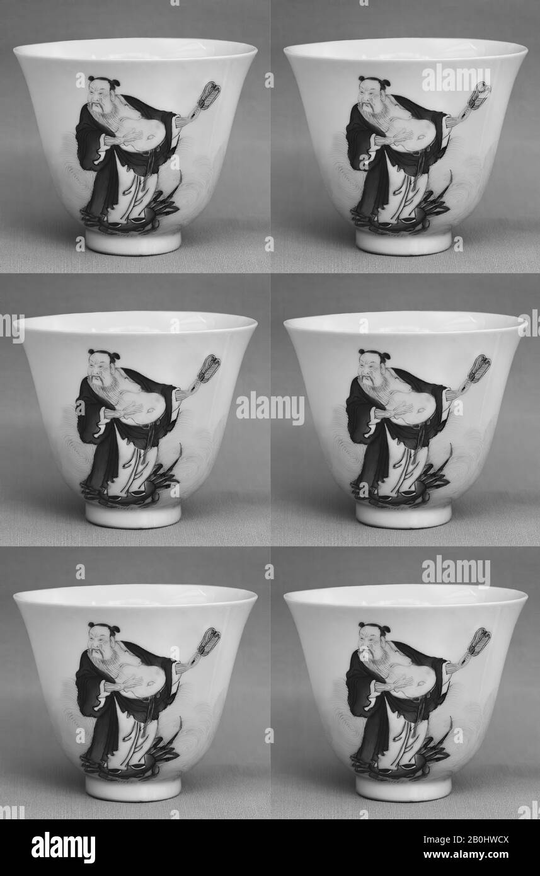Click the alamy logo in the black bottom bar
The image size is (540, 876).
click(64, 847)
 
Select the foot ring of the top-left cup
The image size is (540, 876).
click(134, 241)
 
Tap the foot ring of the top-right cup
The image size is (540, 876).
click(403, 241)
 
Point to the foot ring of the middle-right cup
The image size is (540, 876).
click(403, 514)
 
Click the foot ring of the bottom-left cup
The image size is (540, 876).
click(134, 788)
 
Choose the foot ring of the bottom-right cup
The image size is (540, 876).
click(403, 788)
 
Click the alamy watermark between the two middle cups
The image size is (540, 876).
click(270, 410)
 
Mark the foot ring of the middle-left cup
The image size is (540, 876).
click(134, 514)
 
